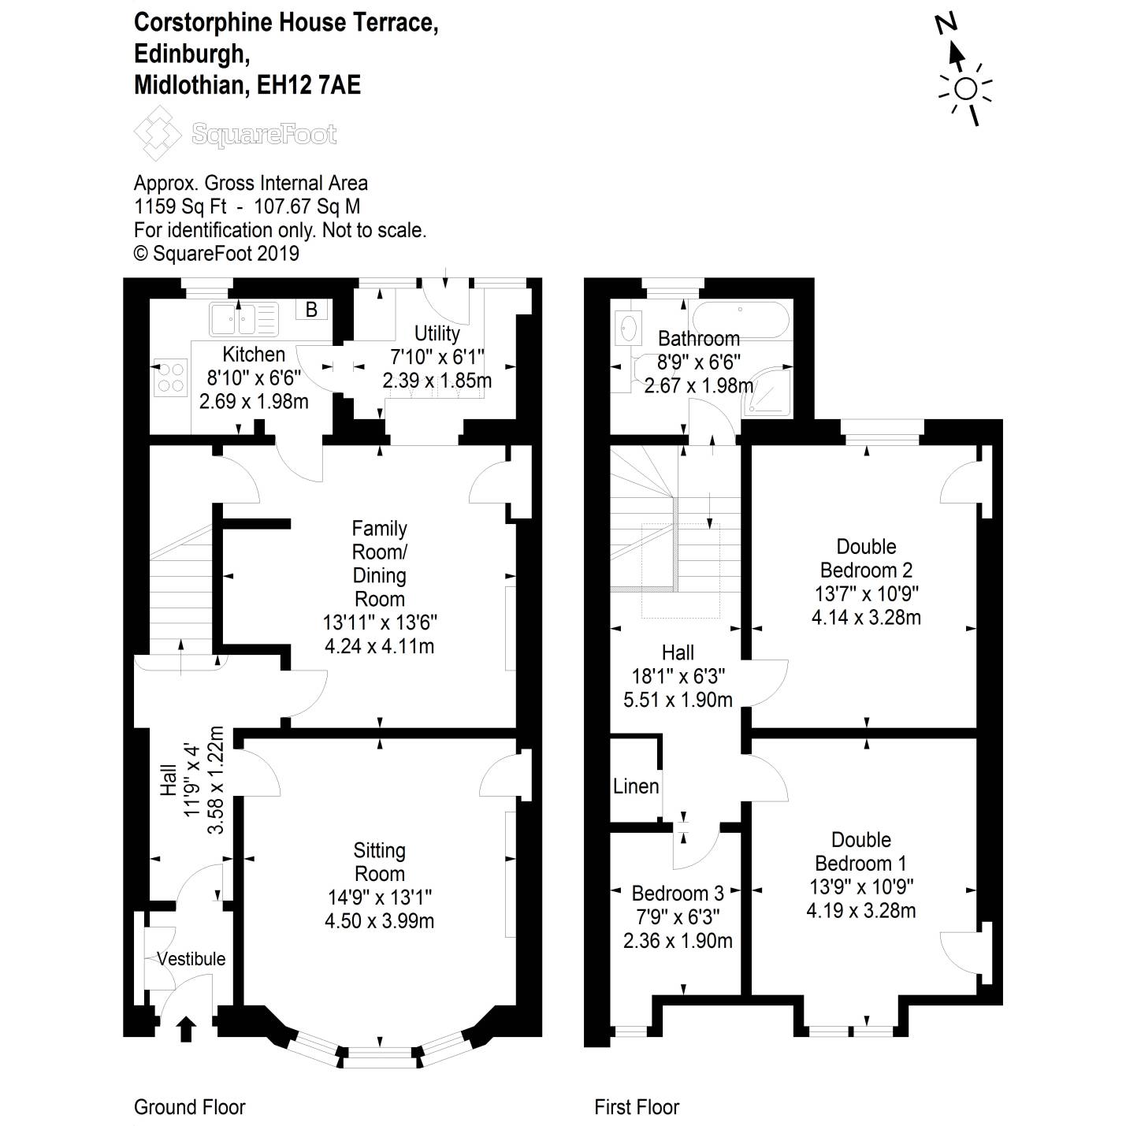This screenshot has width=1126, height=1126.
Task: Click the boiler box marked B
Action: pyautogui.click(x=311, y=310)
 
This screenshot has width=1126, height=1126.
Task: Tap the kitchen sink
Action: pyautogui.click(x=243, y=318)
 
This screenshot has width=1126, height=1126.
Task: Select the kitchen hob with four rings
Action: pyautogui.click(x=171, y=377)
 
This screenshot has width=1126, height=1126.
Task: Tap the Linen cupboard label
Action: pyautogui.click(x=636, y=786)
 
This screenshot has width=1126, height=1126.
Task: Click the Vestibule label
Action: pyautogui.click(x=191, y=959)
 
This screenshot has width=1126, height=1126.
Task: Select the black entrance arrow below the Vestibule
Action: pyautogui.click(x=186, y=1028)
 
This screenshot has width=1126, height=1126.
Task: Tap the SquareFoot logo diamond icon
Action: pyautogui.click(x=158, y=135)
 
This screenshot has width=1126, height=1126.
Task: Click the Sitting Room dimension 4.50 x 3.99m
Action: pyautogui.click(x=379, y=920)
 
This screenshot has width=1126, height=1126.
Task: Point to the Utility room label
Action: pyautogui.click(x=437, y=333)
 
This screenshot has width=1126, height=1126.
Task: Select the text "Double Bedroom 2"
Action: pyautogui.click(x=866, y=558)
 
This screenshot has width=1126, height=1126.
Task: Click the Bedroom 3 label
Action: pyautogui.click(x=678, y=894)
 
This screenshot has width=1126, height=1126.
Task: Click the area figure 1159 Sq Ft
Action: pyautogui.click(x=180, y=206)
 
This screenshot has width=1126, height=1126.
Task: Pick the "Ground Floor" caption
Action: pyautogui.click(x=190, y=1107)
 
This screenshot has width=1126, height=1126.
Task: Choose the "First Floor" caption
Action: pyautogui.click(x=637, y=1107)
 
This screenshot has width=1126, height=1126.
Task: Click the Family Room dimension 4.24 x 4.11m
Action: pyautogui.click(x=379, y=646)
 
